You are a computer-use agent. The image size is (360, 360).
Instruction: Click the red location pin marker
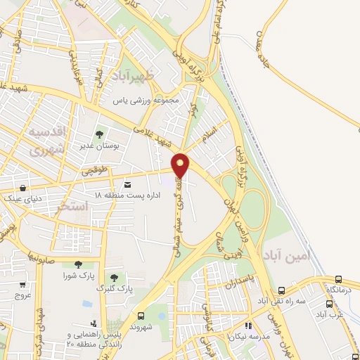(181, 165)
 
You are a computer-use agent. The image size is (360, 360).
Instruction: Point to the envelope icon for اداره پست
(127, 184)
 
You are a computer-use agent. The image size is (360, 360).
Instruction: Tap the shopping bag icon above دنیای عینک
(24, 188)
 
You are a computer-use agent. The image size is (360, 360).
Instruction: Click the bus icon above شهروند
(141, 316)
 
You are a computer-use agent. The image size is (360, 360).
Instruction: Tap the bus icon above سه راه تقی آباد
(282, 290)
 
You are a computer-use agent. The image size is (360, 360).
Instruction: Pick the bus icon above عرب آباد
(330, 304)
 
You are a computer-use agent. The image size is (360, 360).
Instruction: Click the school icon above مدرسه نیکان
(247, 326)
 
